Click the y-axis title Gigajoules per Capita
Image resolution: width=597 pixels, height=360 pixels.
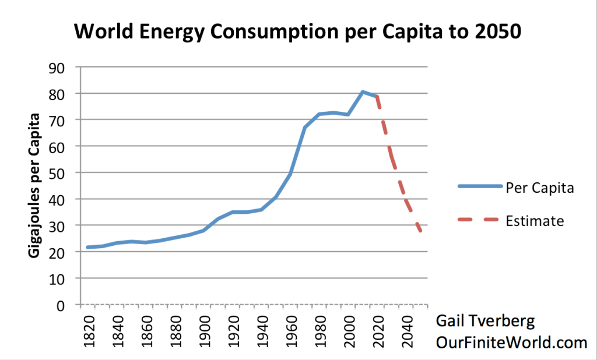[34, 185]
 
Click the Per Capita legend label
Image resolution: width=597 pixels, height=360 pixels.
[540, 188]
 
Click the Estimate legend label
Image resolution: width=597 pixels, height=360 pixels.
[535, 221]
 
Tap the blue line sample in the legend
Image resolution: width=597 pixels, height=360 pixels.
[480, 186]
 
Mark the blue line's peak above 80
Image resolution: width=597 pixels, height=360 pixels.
[363, 91]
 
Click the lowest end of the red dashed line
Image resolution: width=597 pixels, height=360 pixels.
[420, 231]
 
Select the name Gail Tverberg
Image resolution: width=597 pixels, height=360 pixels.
[485, 322]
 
